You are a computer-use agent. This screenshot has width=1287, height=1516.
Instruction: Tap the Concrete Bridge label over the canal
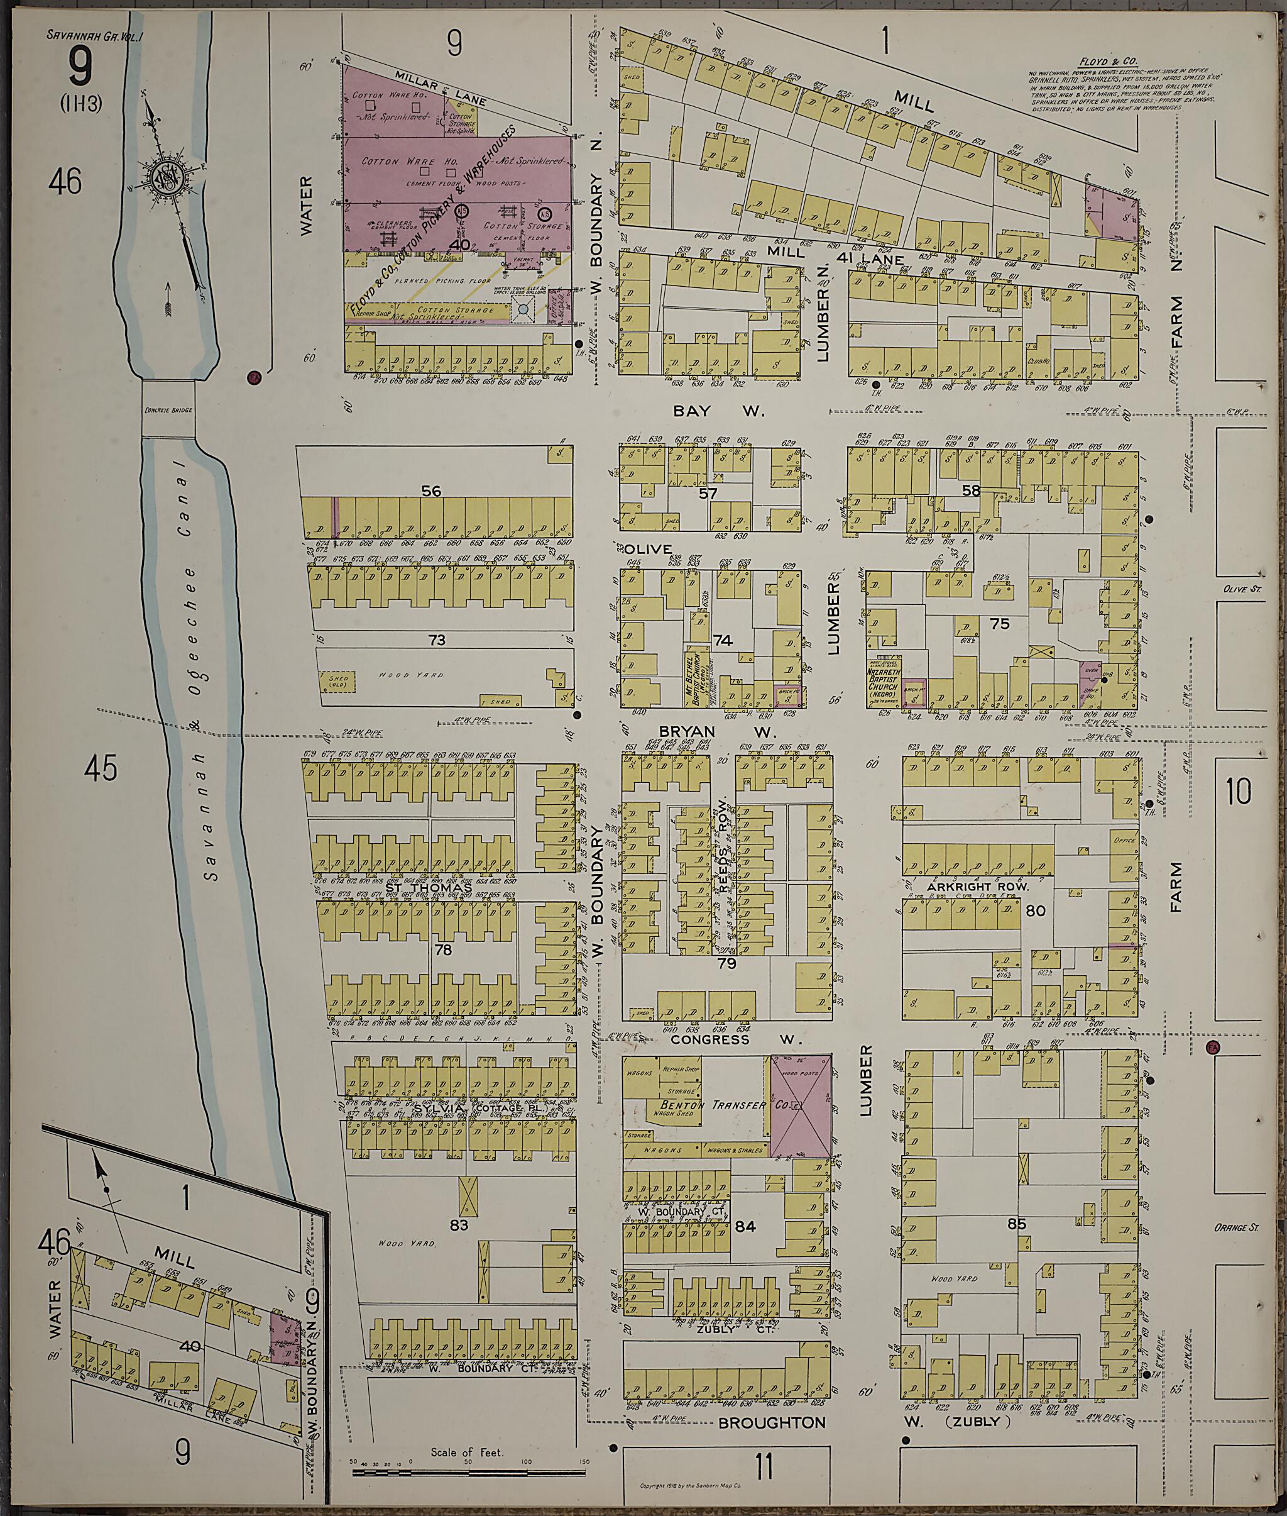click(x=168, y=410)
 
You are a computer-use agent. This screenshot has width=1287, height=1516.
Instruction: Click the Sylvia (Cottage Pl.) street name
click(x=481, y=1108)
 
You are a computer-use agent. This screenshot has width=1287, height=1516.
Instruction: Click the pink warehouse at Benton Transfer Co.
click(x=801, y=1107)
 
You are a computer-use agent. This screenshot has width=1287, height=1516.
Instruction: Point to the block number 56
click(x=431, y=491)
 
